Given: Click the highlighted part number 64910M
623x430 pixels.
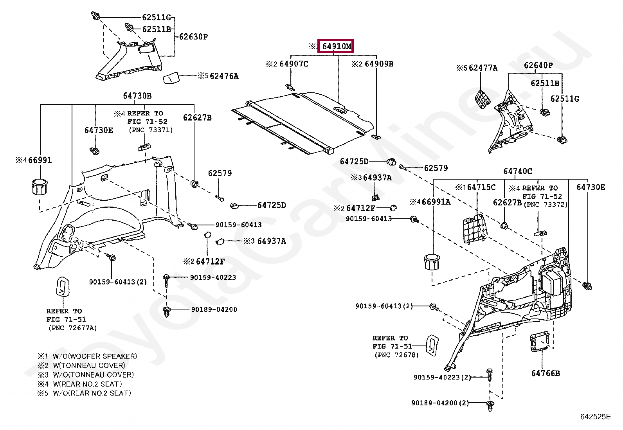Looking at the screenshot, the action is pyautogui.click(x=337, y=46).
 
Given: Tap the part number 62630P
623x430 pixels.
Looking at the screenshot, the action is pyautogui.click(x=193, y=37).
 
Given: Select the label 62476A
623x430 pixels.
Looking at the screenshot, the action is pyautogui.click(x=224, y=76).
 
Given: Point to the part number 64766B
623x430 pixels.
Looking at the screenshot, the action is pyautogui.click(x=546, y=373).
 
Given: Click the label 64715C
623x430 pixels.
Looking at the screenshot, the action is pyautogui.click(x=481, y=187).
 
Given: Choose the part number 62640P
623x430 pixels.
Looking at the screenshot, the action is pyautogui.click(x=538, y=65).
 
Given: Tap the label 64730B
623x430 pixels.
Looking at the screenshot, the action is pyautogui.click(x=137, y=96).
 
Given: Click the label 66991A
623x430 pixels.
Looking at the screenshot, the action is pyautogui.click(x=436, y=202).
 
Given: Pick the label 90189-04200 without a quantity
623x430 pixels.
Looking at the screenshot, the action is pyautogui.click(x=214, y=309).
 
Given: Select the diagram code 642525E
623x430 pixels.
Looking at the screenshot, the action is pyautogui.click(x=596, y=417).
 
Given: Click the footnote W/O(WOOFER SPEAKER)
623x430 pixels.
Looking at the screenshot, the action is pyautogui.click(x=95, y=356).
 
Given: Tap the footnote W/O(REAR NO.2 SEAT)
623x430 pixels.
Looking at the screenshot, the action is pyautogui.click(x=92, y=393).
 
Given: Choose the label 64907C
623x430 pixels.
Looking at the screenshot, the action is pyautogui.click(x=294, y=64).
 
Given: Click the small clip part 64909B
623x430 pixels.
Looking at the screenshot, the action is pyautogui.click(x=376, y=137).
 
